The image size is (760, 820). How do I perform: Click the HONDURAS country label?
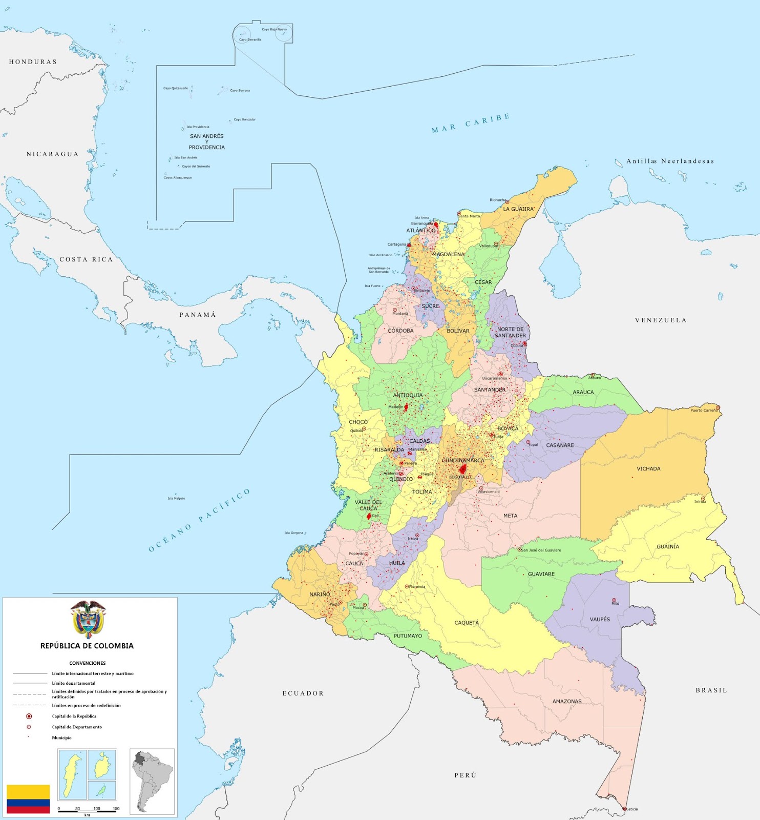pos(33,62)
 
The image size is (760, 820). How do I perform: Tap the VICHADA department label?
pos(648,468)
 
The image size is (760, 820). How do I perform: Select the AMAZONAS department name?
pos(566,701)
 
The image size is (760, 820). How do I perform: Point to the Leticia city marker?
pos(624,809)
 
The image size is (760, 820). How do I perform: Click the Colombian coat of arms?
pos(88,619)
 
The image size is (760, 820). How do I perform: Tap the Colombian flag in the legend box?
pos(28,798)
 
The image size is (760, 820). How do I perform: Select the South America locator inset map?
pos(152,782)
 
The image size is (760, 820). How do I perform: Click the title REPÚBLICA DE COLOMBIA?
pos(87,646)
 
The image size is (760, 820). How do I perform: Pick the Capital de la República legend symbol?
pos(29,716)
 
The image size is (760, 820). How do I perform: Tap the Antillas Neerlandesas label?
pos(670,161)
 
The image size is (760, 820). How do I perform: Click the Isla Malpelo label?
pos(176,498)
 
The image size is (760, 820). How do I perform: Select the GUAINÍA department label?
pos(668,546)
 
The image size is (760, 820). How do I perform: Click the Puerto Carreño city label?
pos(704,410)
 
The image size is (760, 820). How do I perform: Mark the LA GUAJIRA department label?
pos(518,209)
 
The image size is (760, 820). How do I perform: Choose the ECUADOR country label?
pos(303,693)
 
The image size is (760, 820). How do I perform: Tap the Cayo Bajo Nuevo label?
pos(275,29)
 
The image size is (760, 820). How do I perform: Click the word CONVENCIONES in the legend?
pos(87,663)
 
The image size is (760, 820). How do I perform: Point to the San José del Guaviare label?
pos(541,550)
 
